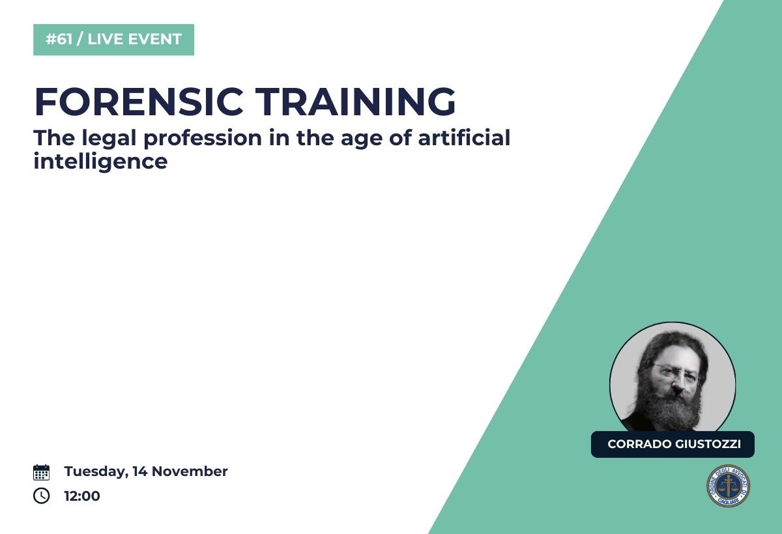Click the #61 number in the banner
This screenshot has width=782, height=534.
(59, 39)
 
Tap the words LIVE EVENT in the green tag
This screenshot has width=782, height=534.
(135, 39)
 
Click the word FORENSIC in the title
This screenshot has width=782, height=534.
(139, 102)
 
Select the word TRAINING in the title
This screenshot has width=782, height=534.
(355, 102)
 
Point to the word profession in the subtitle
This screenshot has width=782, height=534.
(203, 139)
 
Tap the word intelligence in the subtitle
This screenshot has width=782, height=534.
(100, 162)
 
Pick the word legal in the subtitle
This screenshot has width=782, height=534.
(109, 139)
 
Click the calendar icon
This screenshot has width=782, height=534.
(41, 472)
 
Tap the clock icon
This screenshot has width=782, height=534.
(41, 496)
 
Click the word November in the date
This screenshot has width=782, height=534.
(190, 471)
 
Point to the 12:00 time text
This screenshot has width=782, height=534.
(82, 496)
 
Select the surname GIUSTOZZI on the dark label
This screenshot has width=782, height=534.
(708, 444)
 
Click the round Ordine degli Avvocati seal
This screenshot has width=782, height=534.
(729, 485)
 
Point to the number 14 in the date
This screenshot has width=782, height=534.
(140, 471)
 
